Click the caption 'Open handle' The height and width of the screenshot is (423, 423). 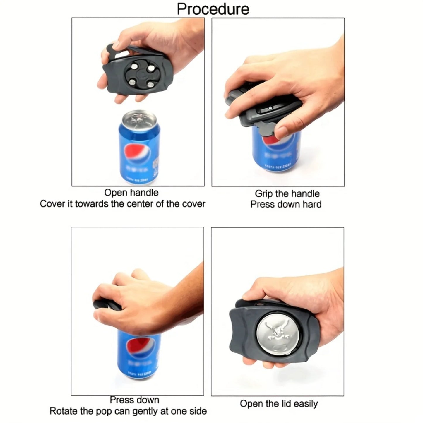(x=131, y=193)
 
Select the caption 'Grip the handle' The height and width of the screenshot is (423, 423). (x=287, y=193)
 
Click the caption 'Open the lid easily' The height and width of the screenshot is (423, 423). (x=279, y=404)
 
